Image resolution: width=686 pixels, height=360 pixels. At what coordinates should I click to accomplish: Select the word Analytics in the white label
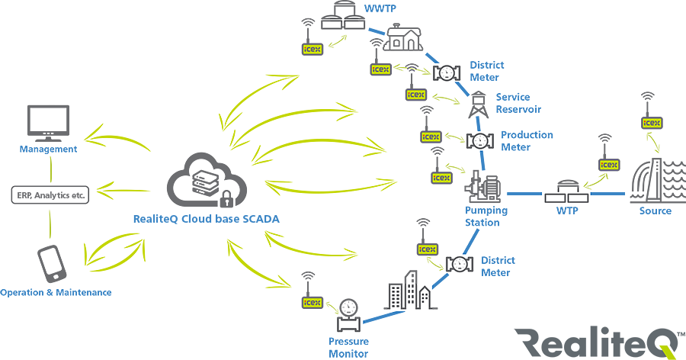coord(55,195)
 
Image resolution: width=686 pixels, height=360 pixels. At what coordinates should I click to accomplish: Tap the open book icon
coord(345,21)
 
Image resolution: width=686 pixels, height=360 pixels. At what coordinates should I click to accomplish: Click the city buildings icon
coord(410,296)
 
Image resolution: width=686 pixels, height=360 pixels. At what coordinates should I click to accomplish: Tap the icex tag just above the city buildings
coord(427,249)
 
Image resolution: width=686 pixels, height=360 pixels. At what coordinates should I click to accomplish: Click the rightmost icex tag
coord(652,122)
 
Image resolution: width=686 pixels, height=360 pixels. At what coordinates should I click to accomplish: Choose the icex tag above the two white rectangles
coord(609,164)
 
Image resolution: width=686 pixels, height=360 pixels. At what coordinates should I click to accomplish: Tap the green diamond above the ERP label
coord(51,165)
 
